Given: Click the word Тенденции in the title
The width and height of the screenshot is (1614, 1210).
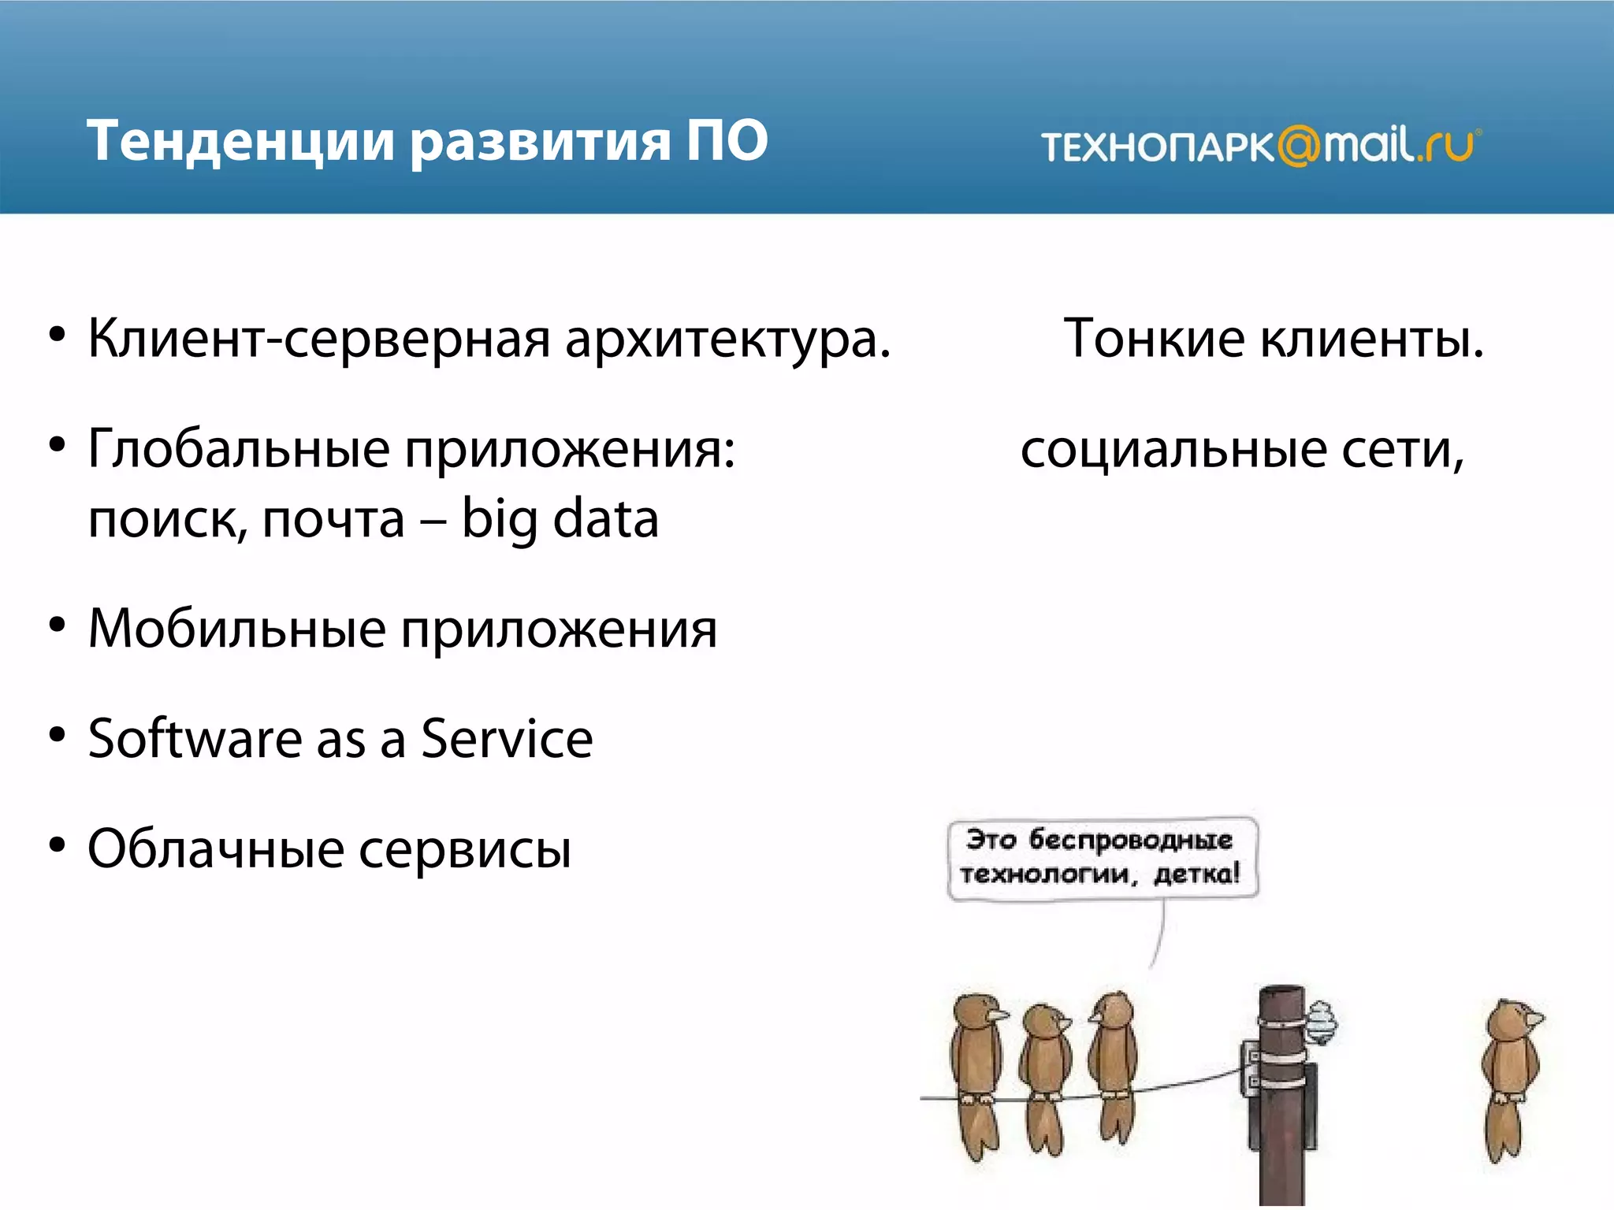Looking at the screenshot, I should [240, 142].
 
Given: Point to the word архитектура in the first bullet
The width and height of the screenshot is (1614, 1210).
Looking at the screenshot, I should [727, 340].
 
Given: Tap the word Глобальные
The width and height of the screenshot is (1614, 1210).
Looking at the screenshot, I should [239, 449].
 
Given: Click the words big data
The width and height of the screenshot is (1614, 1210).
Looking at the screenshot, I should [560, 520].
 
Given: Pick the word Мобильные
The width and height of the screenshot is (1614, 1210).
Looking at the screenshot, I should [237, 630].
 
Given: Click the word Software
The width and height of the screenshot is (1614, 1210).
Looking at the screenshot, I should [195, 740].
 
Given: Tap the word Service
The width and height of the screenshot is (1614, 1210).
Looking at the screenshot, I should [507, 740].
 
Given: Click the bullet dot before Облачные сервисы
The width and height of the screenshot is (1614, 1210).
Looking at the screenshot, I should [57, 845].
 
